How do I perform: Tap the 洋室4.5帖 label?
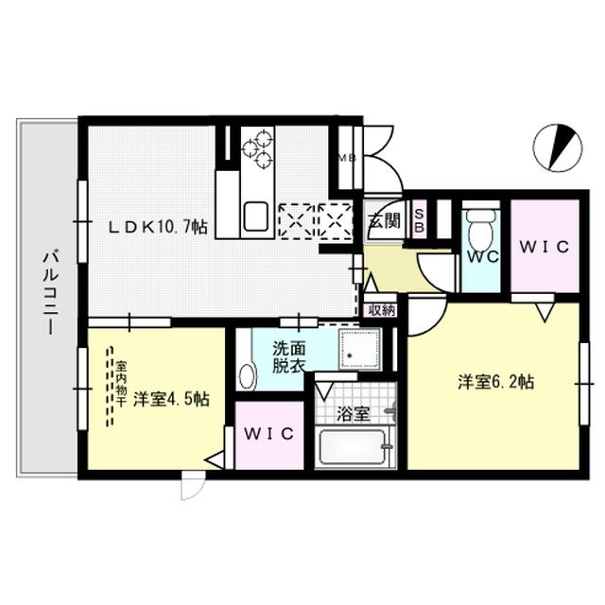tap(171, 398)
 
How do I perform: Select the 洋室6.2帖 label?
tap(497, 383)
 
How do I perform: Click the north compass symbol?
tap(551, 146)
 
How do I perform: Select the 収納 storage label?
tap(382, 309)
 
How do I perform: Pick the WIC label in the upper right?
tap(544, 248)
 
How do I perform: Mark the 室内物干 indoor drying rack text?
tap(121, 384)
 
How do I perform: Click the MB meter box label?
tap(347, 157)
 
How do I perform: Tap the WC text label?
tap(482, 255)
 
